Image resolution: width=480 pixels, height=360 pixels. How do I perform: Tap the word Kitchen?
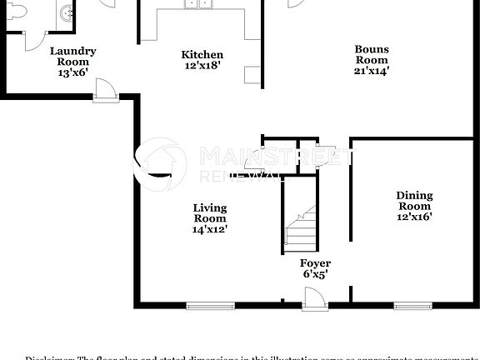(202, 55)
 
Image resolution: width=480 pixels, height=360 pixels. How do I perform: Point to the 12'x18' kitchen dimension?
(202, 66)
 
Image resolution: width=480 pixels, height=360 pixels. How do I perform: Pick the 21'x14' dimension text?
(372, 71)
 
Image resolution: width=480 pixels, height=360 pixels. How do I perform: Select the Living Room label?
(210, 212)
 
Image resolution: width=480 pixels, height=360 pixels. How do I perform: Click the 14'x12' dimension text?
(210, 228)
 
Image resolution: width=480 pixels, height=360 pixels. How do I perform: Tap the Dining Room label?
(413, 201)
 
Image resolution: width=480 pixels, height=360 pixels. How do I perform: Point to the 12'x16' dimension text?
(413, 217)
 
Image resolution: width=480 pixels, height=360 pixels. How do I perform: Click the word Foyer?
(316, 263)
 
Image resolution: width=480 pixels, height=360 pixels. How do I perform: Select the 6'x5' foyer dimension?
(315, 273)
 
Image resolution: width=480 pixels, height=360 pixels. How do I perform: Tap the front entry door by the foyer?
(313, 297)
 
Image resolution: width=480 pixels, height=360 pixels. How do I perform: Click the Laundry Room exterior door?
(105, 91)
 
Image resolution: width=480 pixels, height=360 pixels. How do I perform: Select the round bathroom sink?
(65, 12)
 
